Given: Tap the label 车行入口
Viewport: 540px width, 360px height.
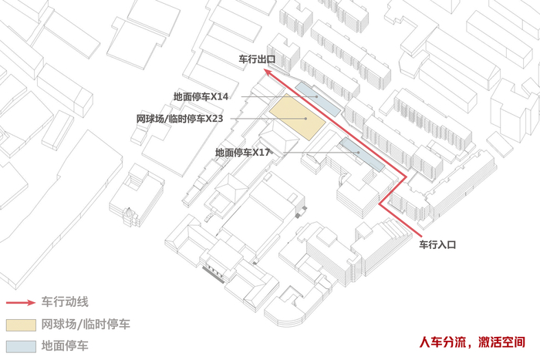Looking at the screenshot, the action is pos(438,244).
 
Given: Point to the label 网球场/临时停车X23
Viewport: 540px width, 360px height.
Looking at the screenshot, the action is pos(180,119).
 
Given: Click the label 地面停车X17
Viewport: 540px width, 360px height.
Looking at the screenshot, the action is pos(242,153).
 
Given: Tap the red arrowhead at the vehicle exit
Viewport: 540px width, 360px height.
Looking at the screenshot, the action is pos(267,71).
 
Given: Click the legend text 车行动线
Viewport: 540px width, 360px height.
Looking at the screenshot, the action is pos(65,301).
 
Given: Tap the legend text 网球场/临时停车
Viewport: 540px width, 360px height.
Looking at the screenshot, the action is pos(85,324).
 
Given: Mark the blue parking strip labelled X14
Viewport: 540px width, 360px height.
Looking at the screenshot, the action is pos(317,98).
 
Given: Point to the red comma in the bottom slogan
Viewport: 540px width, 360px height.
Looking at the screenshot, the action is pos(471,342).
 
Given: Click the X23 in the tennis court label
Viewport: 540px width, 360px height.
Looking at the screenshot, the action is pos(213,119).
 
